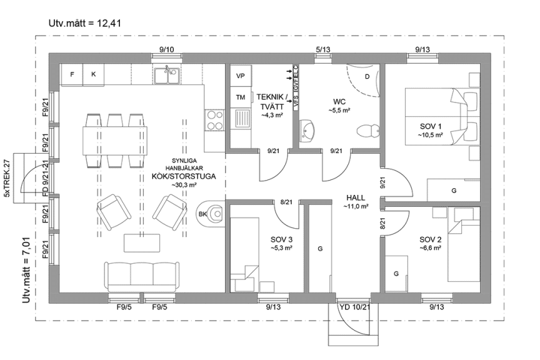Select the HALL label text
click(x=355, y=197)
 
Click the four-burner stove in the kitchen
click(x=214, y=118)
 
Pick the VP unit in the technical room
click(x=240, y=76)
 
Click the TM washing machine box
click(x=240, y=97)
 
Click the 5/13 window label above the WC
click(x=323, y=49)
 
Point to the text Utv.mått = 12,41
click(x=84, y=24)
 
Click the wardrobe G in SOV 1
click(x=454, y=190)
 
